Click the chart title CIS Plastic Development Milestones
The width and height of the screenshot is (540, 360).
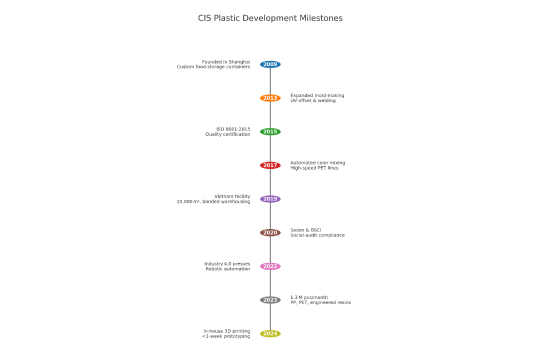click(270, 18)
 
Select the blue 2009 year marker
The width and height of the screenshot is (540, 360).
click(270, 64)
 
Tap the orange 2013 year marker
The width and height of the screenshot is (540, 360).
click(270, 98)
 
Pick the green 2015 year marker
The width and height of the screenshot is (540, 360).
click(270, 131)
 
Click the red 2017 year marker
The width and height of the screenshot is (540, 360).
click(270, 165)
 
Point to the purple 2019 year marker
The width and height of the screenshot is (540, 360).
click(270, 199)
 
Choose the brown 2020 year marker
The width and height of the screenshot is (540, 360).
click(270, 232)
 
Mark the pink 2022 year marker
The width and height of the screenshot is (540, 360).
click(270, 266)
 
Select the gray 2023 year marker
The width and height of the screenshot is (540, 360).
click(270, 300)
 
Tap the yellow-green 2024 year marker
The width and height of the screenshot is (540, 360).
click(270, 333)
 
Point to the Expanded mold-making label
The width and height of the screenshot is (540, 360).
click(316, 95)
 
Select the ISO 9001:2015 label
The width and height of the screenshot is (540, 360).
click(233, 129)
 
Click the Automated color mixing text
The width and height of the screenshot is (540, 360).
click(317, 162)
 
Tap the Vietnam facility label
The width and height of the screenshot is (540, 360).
click(232, 196)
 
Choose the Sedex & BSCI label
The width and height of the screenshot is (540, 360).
click(306, 230)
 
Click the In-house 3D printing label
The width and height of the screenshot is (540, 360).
click(227, 331)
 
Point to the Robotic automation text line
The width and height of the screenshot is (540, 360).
click(228, 269)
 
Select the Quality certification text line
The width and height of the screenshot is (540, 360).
click(228, 134)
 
